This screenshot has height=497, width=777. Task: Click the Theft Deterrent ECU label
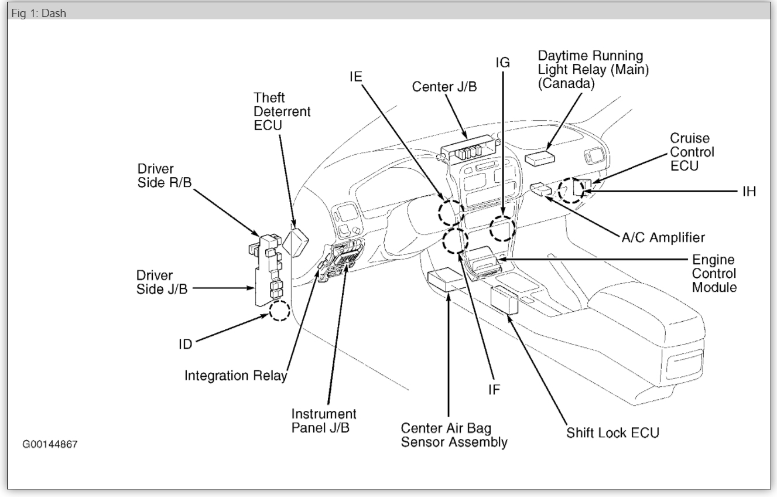point(282,111)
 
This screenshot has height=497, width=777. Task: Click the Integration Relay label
point(235,375)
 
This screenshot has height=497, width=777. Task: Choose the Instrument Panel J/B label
point(324,421)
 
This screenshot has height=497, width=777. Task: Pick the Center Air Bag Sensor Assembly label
point(454,435)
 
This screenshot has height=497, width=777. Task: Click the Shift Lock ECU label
point(612,433)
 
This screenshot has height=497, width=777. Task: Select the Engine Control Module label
point(714,273)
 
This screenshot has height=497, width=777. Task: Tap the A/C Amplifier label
point(663,237)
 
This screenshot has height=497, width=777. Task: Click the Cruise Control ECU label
point(692,152)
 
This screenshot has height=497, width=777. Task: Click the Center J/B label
point(444,87)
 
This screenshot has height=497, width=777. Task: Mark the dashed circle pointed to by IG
point(502,228)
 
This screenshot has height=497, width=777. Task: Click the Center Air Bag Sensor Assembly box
point(446,281)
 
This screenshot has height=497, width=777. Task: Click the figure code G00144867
point(50,444)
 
